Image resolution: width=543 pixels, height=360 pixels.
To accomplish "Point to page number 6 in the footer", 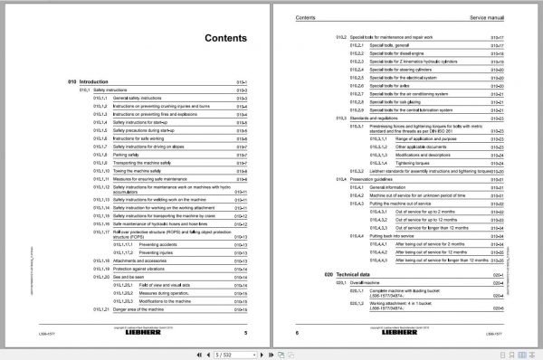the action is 297,332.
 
